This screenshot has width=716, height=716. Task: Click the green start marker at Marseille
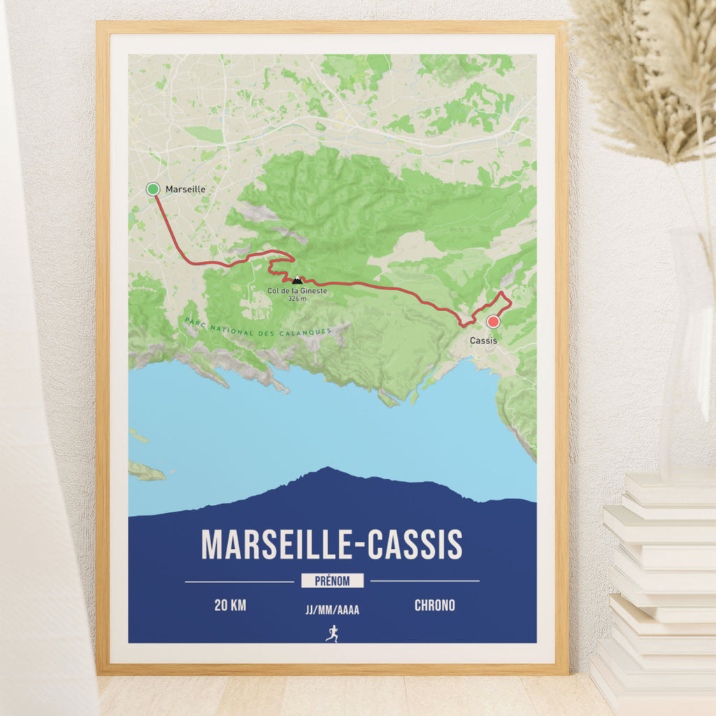pyautogui.click(x=153, y=189)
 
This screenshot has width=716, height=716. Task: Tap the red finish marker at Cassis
pyautogui.click(x=493, y=322)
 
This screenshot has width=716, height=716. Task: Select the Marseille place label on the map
pyautogui.click(x=185, y=189)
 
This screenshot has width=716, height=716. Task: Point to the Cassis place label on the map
pyautogui.click(x=484, y=341)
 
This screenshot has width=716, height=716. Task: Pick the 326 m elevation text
pyautogui.click(x=297, y=299)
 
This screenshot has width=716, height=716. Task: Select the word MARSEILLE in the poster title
pyautogui.click(x=279, y=545)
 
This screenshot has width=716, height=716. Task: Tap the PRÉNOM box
pyautogui.click(x=333, y=581)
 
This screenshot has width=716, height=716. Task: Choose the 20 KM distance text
pyautogui.click(x=230, y=606)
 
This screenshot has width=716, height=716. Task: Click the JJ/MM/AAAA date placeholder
pyautogui.click(x=332, y=610)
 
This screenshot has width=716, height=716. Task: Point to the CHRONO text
pyautogui.click(x=434, y=606)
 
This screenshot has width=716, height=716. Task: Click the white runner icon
pyautogui.click(x=332, y=633)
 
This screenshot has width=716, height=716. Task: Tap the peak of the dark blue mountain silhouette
pyautogui.click(x=326, y=468)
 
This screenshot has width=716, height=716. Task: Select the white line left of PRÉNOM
pyautogui.click(x=239, y=581)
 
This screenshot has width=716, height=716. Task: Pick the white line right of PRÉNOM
pyautogui.click(x=425, y=581)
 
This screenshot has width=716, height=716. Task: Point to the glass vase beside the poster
pyautogui.click(x=689, y=350)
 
